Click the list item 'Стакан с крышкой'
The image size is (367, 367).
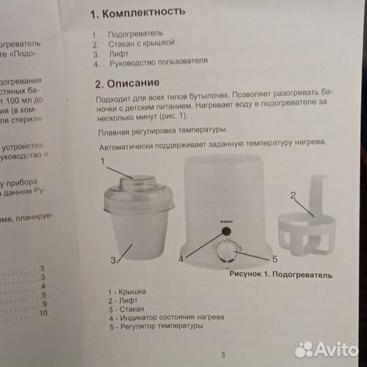tap(141, 43)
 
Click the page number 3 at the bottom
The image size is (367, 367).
tap(222, 353)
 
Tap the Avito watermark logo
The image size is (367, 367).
tap(326, 349)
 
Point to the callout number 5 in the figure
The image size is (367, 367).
tap(275, 259)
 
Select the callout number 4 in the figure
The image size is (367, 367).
tap(181, 260)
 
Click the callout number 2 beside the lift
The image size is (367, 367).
tap(293, 196)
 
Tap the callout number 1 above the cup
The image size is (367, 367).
tap(103, 162)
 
